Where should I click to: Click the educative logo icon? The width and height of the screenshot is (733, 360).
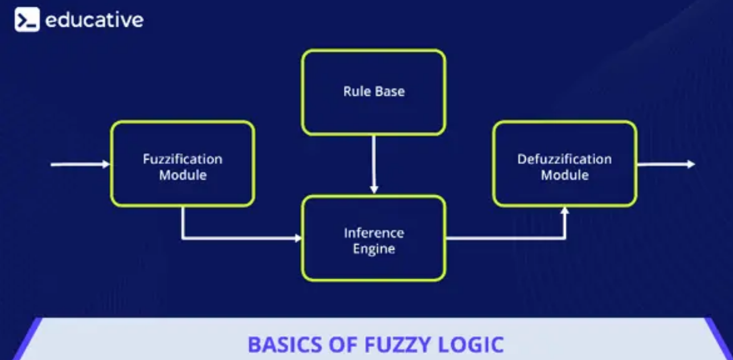[27, 20]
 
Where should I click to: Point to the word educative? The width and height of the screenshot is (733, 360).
[94, 20]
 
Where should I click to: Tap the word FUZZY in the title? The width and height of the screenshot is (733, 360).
[379, 345]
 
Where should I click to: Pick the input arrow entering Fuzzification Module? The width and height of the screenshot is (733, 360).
[80, 165]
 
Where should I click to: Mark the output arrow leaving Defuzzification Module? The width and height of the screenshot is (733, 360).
[665, 164]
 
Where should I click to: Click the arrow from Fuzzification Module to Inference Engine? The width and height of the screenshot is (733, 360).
[239, 238]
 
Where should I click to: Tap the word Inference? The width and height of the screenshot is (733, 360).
[374, 233]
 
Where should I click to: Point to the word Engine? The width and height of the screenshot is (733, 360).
[374, 249]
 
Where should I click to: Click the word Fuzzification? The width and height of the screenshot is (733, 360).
[182, 159]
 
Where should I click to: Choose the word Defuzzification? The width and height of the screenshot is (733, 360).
[564, 159]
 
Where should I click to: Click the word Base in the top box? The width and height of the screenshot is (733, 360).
[390, 91]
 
